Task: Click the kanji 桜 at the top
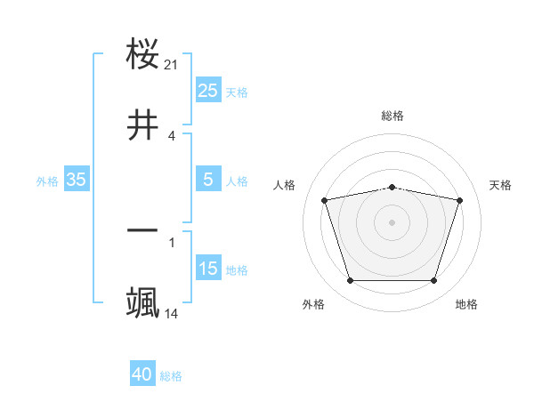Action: (143, 54)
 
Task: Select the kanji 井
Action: (143, 125)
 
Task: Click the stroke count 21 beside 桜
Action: (172, 65)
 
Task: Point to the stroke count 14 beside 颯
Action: (172, 314)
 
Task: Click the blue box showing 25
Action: (207, 90)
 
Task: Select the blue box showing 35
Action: (76, 180)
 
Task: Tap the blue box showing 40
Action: (142, 374)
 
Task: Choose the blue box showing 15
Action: (207, 269)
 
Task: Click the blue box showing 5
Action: (207, 180)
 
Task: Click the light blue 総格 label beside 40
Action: (171, 376)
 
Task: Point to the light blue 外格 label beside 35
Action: (47, 181)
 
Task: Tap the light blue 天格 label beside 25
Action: (237, 92)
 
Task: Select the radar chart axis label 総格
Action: (392, 116)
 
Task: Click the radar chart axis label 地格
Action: (466, 305)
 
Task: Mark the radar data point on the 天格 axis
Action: (460, 200)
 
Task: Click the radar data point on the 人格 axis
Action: (325, 200)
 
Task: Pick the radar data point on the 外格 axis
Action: (350, 281)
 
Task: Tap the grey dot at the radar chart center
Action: (392, 222)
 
